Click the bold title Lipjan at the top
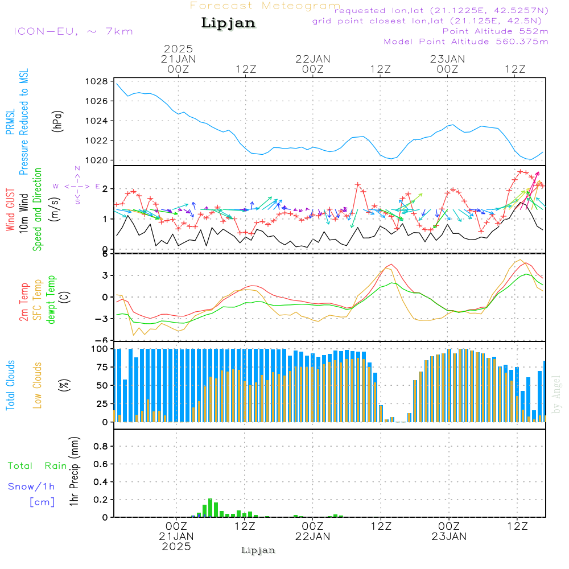(228, 23)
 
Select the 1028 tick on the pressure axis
(97, 81)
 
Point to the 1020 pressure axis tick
(97, 160)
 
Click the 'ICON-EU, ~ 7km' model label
(73, 31)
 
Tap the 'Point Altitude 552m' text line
(496, 31)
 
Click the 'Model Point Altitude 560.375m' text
(466, 42)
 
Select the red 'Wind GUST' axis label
(10, 209)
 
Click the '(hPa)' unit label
(57, 121)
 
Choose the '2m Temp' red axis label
(23, 302)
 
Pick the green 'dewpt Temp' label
(51, 299)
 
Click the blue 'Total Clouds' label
(10, 385)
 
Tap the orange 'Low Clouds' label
(37, 385)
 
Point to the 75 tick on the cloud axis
(102, 367)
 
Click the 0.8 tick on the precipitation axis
(101, 446)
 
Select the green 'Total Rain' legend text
(38, 465)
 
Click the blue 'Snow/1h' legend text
(31, 486)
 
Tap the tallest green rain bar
(210, 508)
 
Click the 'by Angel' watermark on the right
(556, 394)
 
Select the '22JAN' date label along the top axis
(313, 59)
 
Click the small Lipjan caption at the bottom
(258, 550)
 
